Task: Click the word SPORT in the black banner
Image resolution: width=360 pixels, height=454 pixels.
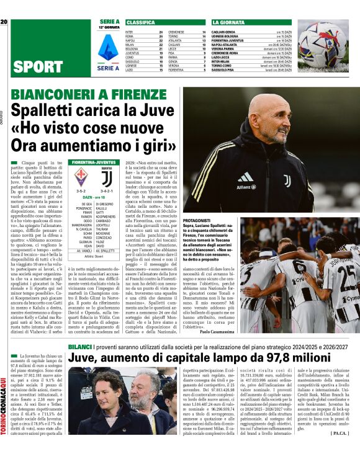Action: point(37,67)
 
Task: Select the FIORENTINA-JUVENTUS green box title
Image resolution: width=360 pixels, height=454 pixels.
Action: point(93,162)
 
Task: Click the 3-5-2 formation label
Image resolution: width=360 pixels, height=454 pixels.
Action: point(81,192)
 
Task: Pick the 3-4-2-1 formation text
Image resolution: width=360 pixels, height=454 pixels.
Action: point(106,192)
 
